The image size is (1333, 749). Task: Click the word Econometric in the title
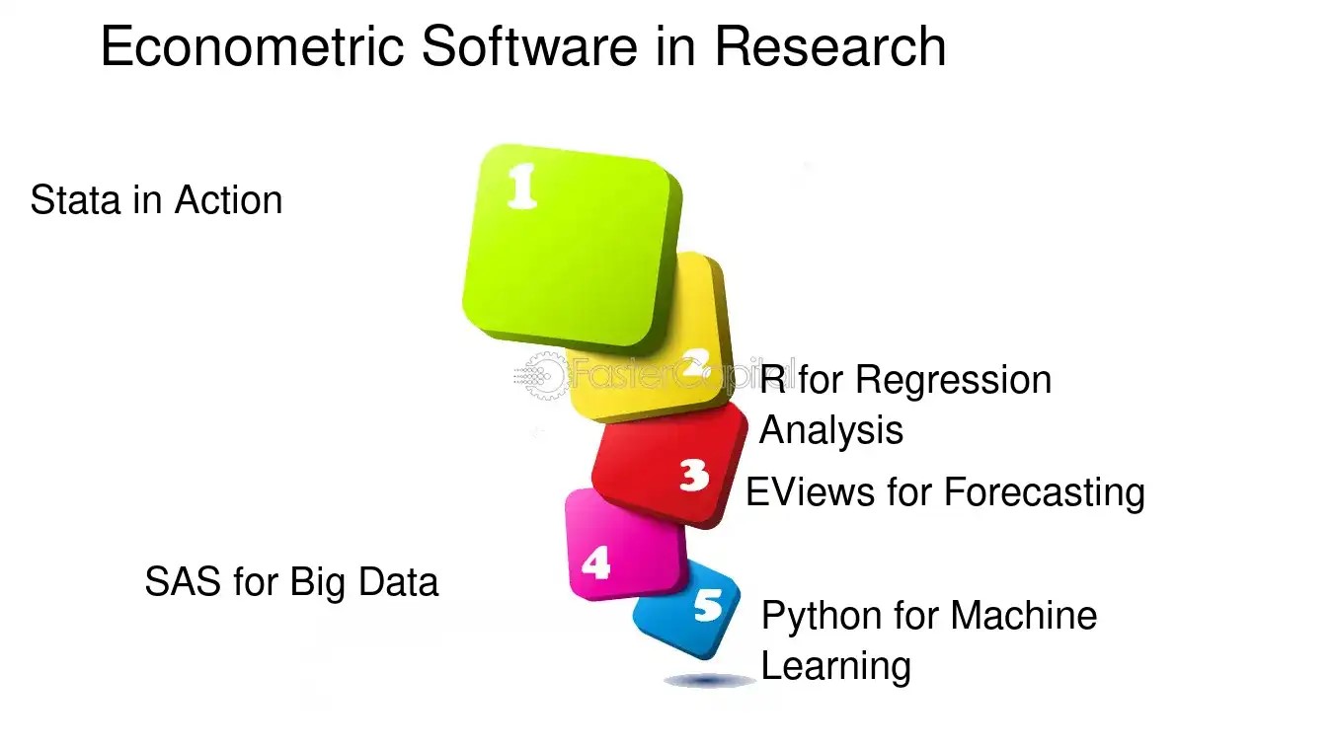coord(253,46)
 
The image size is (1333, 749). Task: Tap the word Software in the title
coord(529,46)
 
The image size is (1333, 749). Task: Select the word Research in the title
coord(830,46)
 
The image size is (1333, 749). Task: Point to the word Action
coord(228,200)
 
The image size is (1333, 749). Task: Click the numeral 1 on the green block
coord(522,186)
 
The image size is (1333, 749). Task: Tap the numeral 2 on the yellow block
coord(695,362)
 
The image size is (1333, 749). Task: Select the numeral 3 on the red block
coord(694,475)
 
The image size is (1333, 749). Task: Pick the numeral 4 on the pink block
coord(596,562)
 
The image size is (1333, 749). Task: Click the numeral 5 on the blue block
coord(708,605)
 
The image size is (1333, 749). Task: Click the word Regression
coord(953,382)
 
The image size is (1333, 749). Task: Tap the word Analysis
coord(831,430)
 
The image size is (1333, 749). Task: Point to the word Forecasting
coord(1045,493)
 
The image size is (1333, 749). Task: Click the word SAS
coord(183,581)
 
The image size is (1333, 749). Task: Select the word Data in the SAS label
coord(399,581)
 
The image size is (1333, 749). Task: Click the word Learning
coord(836,667)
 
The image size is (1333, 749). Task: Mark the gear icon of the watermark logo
coord(540,375)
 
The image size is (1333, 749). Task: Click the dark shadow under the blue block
coord(709,680)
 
